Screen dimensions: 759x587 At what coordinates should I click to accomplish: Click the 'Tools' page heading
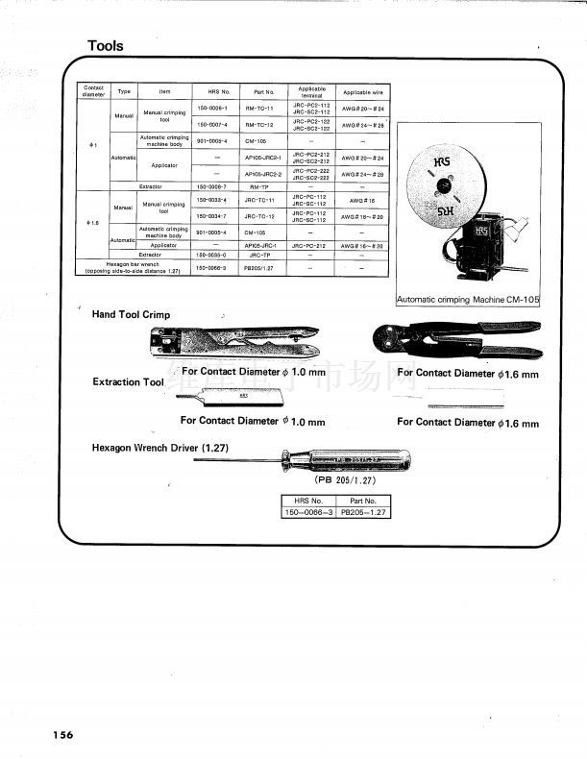click(105, 45)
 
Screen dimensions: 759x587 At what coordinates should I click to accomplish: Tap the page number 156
click(62, 735)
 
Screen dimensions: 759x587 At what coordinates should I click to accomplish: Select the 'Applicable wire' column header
click(362, 91)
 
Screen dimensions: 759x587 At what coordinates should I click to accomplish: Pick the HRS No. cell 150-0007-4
click(211, 125)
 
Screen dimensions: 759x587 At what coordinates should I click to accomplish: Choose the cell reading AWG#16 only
click(362, 200)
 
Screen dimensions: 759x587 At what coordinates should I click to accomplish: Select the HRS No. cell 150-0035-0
click(211, 256)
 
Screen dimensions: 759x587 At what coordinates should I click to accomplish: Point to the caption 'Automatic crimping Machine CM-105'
click(469, 301)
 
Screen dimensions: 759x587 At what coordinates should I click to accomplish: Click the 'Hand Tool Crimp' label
click(131, 315)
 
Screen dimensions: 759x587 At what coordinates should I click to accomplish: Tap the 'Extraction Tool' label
click(129, 382)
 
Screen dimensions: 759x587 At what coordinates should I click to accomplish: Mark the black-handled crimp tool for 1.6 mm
click(457, 340)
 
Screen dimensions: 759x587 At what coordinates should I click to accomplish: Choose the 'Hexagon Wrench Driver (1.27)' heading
click(159, 448)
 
